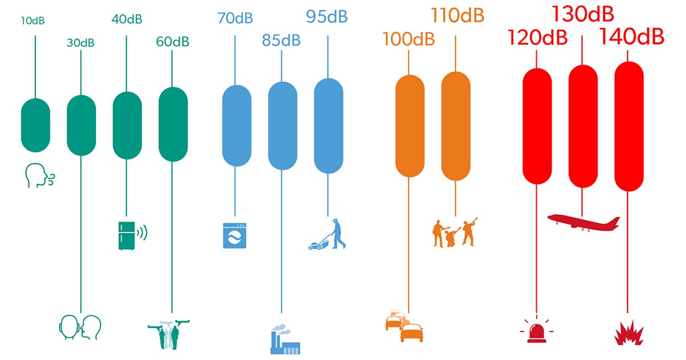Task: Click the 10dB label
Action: [x=33, y=21]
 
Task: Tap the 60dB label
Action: [x=172, y=41]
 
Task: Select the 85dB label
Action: [x=281, y=40]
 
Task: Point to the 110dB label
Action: [x=457, y=15]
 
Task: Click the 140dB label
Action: [x=631, y=37]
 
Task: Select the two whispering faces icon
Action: [x=80, y=326]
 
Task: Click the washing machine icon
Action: [x=234, y=235]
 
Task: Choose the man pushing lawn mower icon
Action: [x=328, y=234]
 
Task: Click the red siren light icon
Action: [x=537, y=330]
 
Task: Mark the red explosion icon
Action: [x=628, y=333]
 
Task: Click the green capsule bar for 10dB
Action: [x=35, y=125]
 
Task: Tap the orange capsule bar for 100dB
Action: [x=410, y=125]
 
